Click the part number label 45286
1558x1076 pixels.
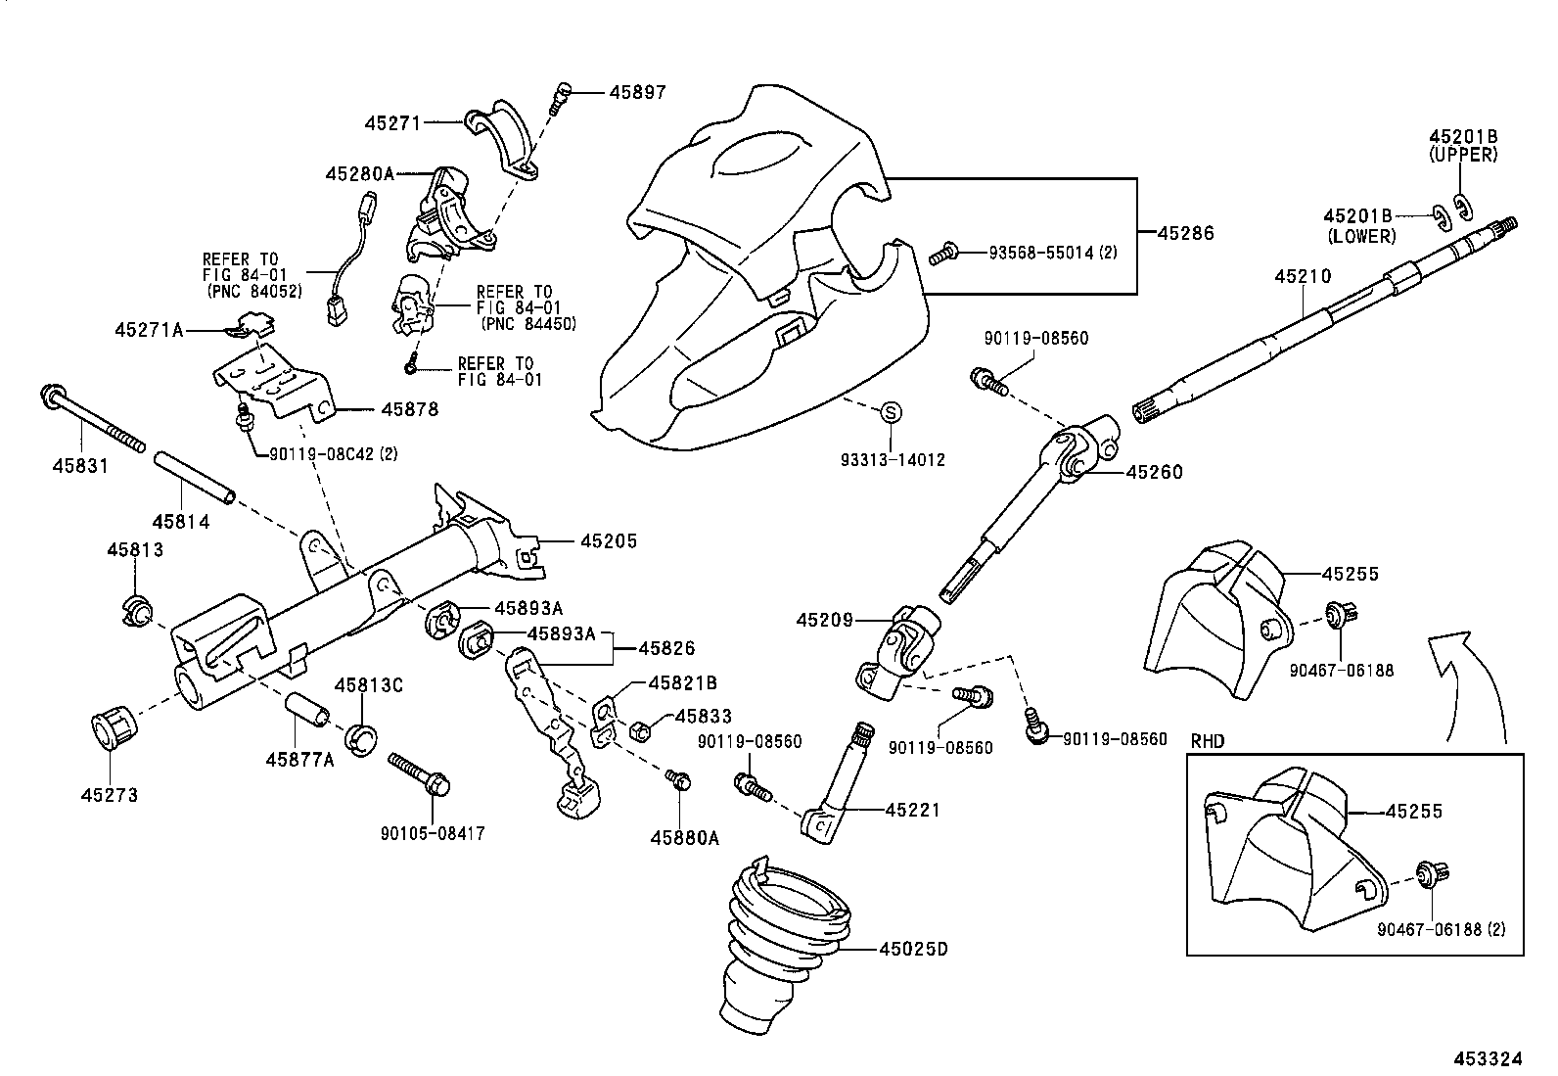click(x=1185, y=234)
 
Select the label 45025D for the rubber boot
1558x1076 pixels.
click(x=913, y=949)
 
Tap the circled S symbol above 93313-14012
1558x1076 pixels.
click(x=891, y=413)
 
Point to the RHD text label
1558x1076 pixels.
click(x=1209, y=741)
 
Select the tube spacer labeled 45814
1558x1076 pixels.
click(x=194, y=478)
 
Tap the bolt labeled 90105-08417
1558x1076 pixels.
click(x=420, y=772)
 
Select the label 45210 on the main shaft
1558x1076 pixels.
click(x=1303, y=277)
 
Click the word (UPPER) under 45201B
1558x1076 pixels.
click(x=1463, y=155)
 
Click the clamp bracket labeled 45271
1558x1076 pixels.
click(x=505, y=140)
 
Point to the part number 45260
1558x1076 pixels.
click(x=1154, y=472)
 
